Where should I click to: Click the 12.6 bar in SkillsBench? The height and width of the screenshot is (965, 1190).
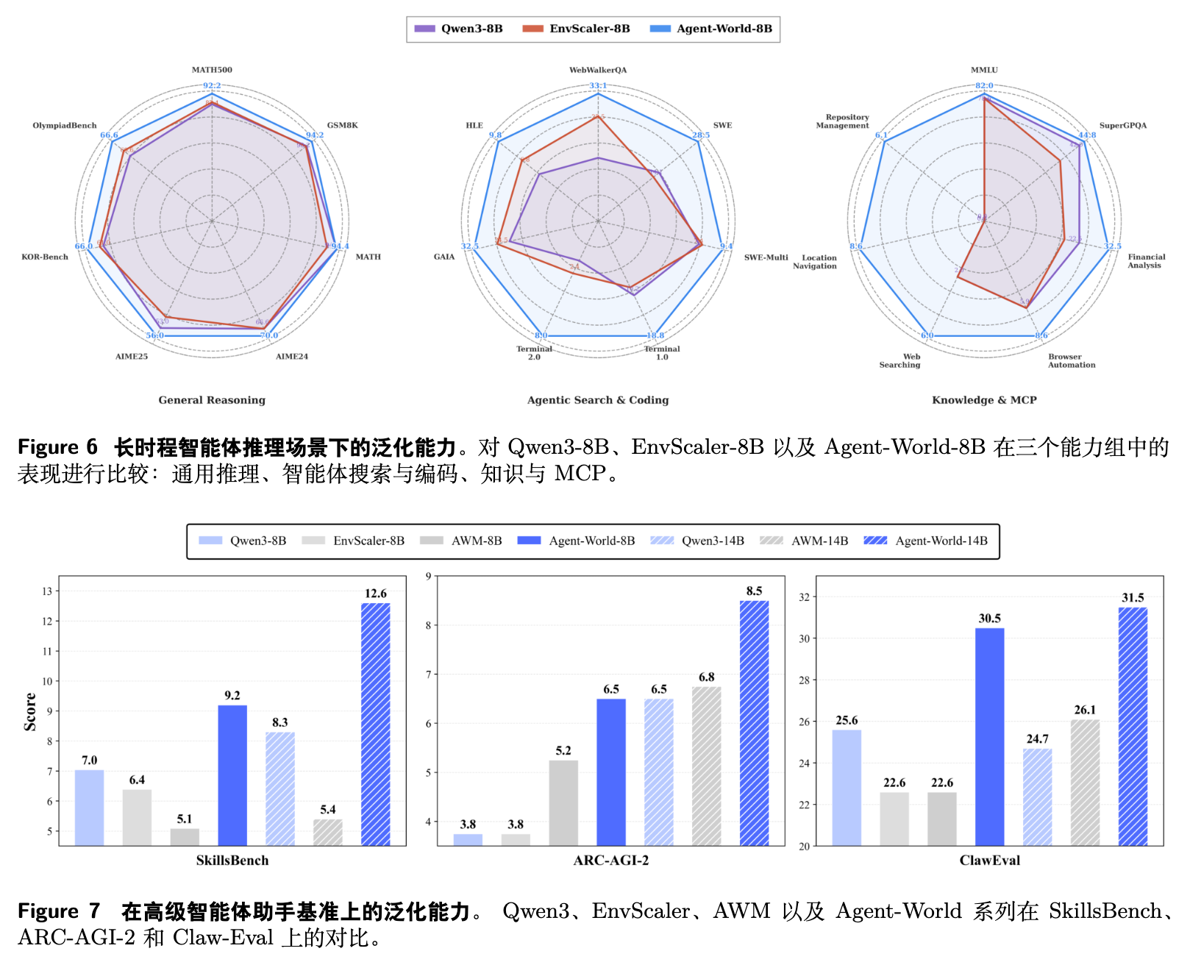point(376,724)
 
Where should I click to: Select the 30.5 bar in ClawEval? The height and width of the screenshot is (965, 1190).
point(989,736)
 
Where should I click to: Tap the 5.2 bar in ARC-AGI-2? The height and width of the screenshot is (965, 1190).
point(563,802)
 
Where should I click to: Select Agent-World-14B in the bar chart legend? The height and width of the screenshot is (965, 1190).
point(926,541)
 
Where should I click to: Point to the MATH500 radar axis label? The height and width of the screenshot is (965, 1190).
point(212,70)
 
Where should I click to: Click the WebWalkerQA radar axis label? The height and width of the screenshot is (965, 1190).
point(598,70)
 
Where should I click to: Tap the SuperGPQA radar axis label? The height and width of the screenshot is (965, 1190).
point(1122,125)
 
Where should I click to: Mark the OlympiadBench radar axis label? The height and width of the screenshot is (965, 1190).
point(65,125)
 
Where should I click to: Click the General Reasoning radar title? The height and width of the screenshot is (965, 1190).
point(212,400)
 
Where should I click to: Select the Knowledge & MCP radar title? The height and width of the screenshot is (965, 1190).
point(984,400)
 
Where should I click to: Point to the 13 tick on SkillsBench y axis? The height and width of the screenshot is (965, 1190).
point(47,591)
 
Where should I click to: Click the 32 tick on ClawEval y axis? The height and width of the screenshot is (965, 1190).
point(804,597)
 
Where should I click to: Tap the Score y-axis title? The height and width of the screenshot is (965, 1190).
point(30,711)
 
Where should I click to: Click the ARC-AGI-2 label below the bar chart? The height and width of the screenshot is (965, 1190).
point(610,861)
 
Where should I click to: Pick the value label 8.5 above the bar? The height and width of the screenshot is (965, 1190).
point(754,591)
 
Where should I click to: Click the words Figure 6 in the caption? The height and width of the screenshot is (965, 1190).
point(57,447)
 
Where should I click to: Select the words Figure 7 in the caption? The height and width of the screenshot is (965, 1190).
point(59,911)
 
